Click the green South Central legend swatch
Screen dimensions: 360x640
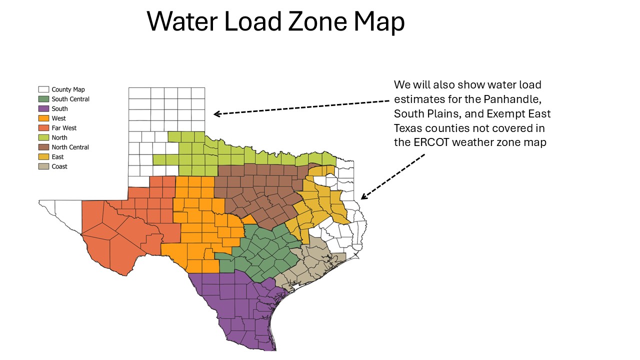(x=43, y=99)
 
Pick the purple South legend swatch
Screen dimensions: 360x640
(x=43, y=108)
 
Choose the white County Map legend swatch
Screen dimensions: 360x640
(x=43, y=89)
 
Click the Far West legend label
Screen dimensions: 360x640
(x=64, y=128)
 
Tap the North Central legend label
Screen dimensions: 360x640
(x=70, y=147)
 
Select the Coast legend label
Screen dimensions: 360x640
(x=59, y=166)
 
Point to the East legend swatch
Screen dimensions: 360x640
(x=43, y=157)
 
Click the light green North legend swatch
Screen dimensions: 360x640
(x=43, y=137)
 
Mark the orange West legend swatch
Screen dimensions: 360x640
(x=43, y=118)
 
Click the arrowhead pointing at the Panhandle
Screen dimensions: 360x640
(x=216, y=114)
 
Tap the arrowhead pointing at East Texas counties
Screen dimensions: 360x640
(x=363, y=196)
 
